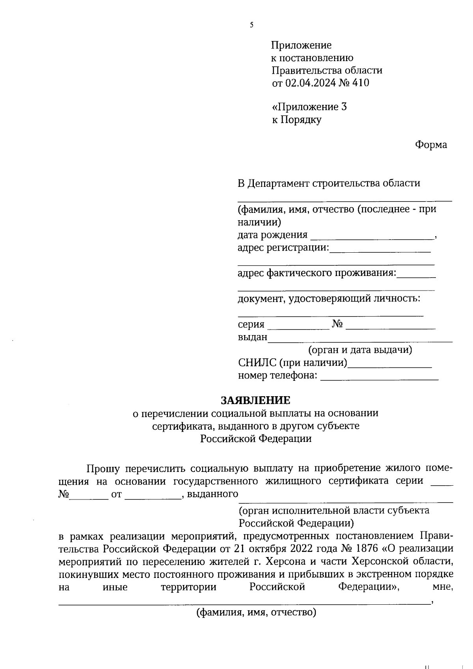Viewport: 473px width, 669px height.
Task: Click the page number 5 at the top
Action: [x=251, y=25]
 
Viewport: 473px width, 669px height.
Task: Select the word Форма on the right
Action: [x=431, y=145]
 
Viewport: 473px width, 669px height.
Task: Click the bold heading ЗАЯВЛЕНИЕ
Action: [x=255, y=400]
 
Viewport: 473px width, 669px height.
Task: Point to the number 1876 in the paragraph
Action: [x=367, y=548]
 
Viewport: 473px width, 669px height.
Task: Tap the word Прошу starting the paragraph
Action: [x=103, y=468]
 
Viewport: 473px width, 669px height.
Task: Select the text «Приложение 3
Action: [x=309, y=107]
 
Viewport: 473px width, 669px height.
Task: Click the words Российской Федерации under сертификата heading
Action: [x=255, y=439]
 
